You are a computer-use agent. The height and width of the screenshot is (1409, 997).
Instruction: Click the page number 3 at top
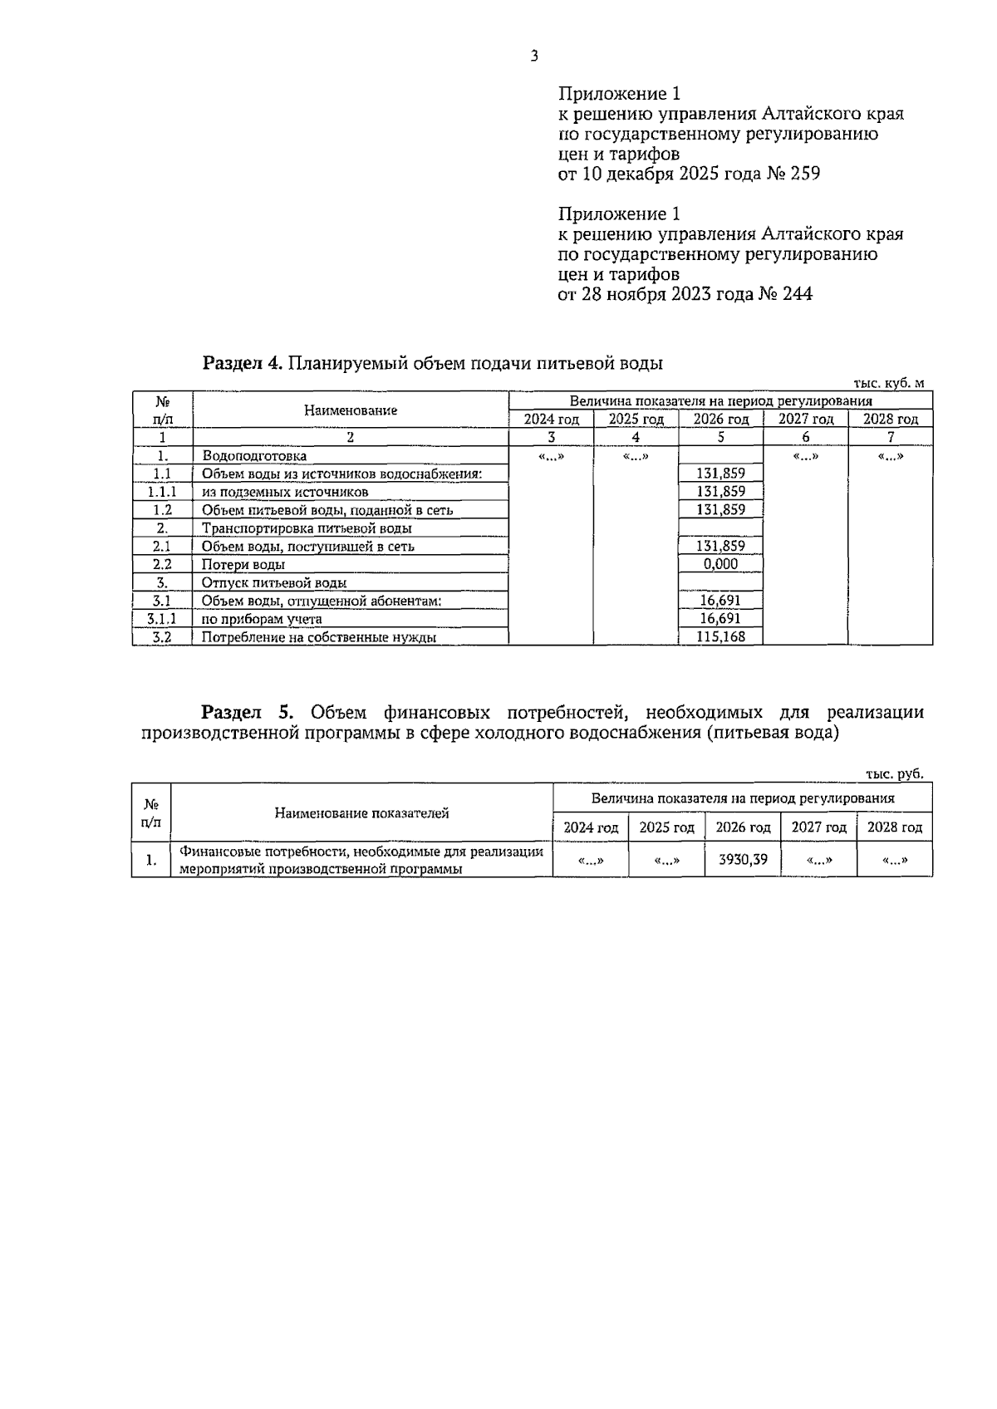click(x=534, y=56)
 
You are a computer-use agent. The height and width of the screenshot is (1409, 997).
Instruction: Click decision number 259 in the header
click(x=805, y=174)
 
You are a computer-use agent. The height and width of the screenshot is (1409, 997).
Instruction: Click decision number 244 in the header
click(x=798, y=293)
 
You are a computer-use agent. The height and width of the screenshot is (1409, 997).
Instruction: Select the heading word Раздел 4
click(x=243, y=363)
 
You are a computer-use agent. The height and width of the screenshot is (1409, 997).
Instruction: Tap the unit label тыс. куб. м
click(x=888, y=383)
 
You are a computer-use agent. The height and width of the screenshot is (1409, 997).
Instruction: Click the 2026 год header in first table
click(x=720, y=420)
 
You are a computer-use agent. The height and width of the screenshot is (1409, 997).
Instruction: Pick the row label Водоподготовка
click(x=254, y=455)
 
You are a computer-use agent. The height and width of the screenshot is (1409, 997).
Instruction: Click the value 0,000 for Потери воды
click(x=720, y=564)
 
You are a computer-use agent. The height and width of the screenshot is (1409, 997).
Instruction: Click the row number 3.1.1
click(x=162, y=619)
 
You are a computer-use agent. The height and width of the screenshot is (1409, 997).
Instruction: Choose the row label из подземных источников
click(x=285, y=492)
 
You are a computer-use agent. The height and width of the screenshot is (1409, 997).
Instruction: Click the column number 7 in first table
click(x=890, y=437)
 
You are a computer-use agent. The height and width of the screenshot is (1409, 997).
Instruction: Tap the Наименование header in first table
click(x=350, y=410)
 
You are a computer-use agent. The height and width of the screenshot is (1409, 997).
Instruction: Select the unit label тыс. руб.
click(x=894, y=773)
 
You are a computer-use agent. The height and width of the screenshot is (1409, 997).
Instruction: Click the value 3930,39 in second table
click(x=742, y=860)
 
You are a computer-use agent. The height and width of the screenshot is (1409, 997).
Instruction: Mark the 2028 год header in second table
click(x=894, y=827)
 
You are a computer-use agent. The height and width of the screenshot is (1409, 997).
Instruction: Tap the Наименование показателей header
click(x=361, y=813)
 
